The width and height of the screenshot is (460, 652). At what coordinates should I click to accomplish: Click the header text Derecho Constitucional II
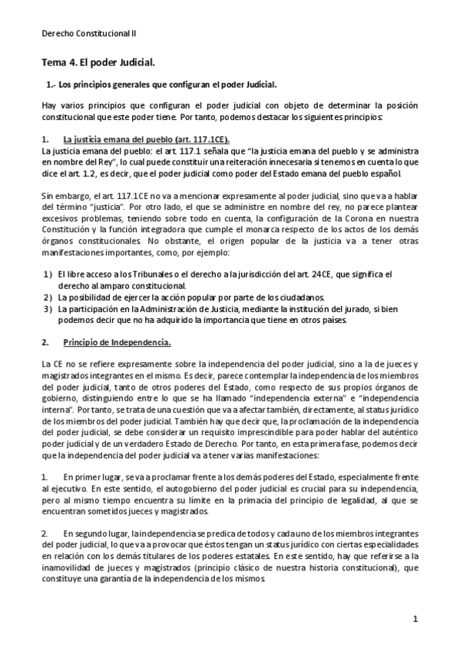coord(88,33)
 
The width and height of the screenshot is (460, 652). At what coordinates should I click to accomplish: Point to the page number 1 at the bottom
coord(415,618)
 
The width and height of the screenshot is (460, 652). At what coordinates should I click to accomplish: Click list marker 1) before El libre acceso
coord(48,274)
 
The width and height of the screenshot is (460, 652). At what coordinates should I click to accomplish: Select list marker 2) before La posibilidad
coord(48,298)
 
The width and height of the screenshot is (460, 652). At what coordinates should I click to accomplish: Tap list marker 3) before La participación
coord(48,309)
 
